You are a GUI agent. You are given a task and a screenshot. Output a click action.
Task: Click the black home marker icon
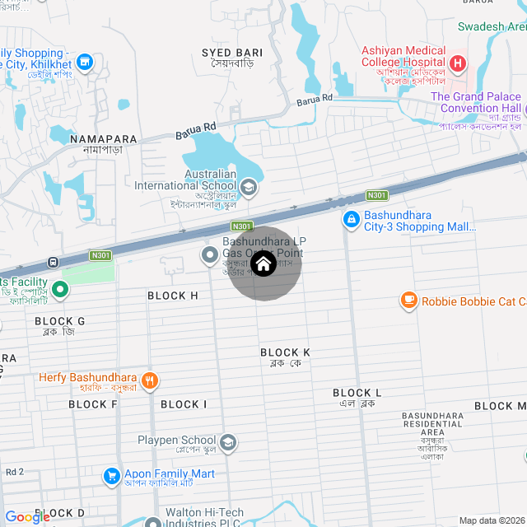[x=263, y=264]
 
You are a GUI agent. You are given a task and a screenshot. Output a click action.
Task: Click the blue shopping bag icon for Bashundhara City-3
[x=351, y=219]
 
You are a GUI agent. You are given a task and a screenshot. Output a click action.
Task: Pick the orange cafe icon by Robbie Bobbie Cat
[x=408, y=301]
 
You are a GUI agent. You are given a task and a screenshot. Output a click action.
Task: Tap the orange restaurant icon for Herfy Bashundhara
[x=149, y=380]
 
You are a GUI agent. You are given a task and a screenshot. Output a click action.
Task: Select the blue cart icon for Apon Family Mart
[x=111, y=476]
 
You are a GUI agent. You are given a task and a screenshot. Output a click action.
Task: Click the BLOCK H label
[x=173, y=296]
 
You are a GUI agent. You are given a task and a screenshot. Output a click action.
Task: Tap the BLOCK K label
[x=285, y=352]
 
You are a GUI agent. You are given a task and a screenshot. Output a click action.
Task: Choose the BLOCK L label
[x=357, y=394]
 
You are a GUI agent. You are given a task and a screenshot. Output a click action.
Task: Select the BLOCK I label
[x=184, y=404]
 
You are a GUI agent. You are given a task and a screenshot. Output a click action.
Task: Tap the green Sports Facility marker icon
[x=59, y=289]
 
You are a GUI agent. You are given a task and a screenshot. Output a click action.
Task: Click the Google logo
[x=27, y=517]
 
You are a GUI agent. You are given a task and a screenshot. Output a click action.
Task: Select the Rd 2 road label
[x=15, y=472]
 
